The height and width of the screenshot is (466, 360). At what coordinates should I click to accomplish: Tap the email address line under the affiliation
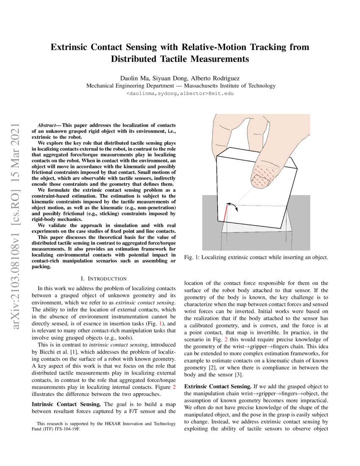[180, 94]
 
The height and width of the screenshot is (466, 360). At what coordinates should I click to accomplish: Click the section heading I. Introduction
[103, 278]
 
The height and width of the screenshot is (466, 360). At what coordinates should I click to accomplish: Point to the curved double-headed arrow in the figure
[231, 206]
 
